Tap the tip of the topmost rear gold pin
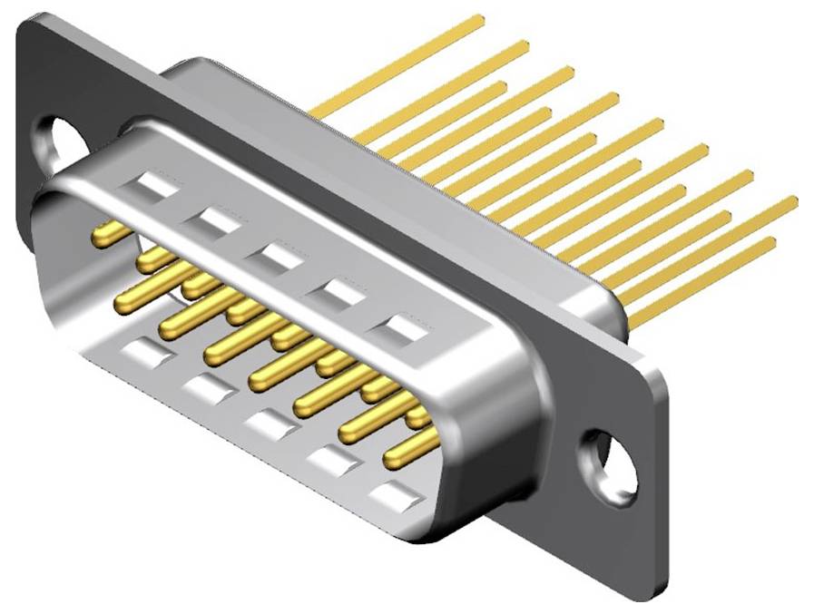478,19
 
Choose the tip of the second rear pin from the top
524,44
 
